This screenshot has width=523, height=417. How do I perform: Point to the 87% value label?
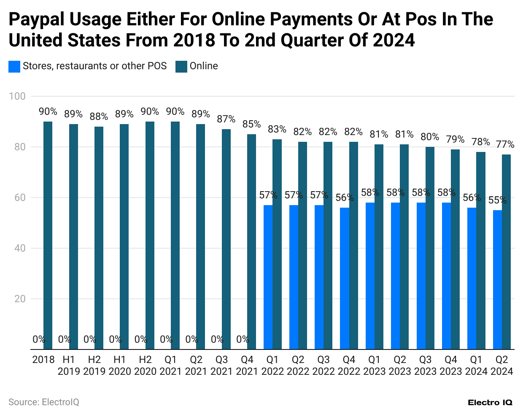(x=226, y=119)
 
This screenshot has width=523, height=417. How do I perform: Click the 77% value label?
(x=505, y=145)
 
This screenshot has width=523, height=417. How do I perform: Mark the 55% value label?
(x=497, y=200)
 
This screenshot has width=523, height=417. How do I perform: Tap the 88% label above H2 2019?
(x=99, y=116)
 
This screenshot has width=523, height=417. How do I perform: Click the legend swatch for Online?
(x=181, y=66)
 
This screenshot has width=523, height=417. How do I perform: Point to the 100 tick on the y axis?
(x=17, y=96)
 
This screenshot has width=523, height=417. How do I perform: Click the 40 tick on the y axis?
(x=20, y=248)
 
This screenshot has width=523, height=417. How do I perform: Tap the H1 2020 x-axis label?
(x=120, y=366)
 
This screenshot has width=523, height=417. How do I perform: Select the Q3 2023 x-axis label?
(x=425, y=366)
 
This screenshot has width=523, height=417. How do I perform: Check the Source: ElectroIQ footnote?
(x=44, y=402)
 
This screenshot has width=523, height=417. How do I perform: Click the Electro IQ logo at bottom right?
(x=490, y=403)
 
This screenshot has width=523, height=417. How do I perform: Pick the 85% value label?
(x=251, y=125)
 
